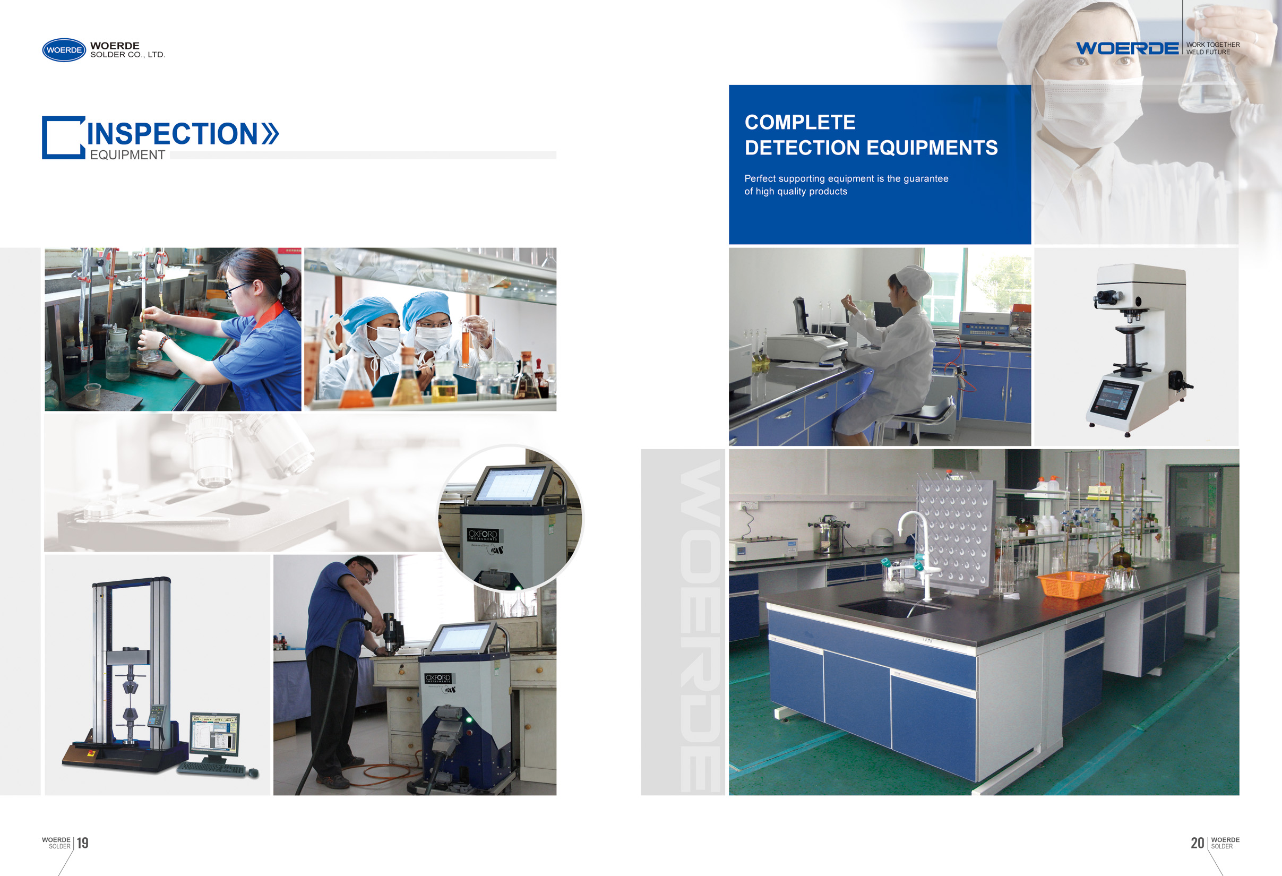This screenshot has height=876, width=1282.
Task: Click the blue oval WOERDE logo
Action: (64, 50)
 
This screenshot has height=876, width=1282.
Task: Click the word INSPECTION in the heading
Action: (172, 133)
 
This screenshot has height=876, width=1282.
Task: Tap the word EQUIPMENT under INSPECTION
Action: (127, 155)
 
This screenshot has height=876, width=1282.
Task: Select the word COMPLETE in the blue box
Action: (800, 122)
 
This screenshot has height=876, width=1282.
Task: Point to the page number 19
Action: (83, 843)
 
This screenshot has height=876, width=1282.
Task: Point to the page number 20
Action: (1197, 843)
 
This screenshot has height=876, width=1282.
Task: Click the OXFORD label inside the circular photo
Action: (483, 535)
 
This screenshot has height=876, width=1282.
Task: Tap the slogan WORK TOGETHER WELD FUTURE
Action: (1212, 48)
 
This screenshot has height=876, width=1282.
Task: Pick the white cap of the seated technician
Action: (913, 279)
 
